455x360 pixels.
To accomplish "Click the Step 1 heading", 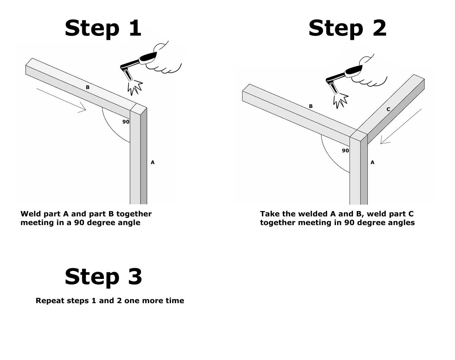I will click(x=103, y=28).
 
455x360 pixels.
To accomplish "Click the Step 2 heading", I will click(x=347, y=28).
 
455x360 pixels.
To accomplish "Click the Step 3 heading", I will click(x=103, y=276).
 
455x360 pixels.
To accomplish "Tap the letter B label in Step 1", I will click(x=88, y=88).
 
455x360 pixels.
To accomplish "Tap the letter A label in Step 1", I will click(x=152, y=162).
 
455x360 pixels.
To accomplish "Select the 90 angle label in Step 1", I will click(x=126, y=122).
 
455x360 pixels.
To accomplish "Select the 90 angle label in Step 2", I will click(x=345, y=150).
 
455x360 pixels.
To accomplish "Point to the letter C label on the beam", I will click(x=388, y=110).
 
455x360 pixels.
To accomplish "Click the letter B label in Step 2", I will click(x=311, y=106).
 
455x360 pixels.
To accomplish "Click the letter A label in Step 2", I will click(x=372, y=162).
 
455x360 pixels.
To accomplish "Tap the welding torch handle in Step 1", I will click(x=148, y=58).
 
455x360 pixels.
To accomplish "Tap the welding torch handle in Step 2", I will click(x=353, y=70).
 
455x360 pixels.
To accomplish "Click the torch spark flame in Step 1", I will click(x=135, y=87).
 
